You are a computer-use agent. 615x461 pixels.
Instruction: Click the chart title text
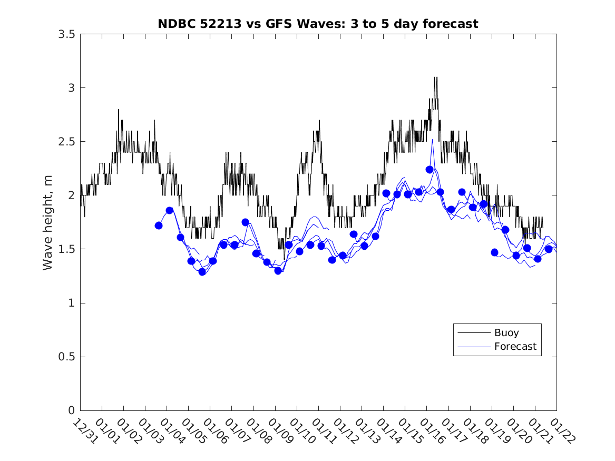(x=318, y=24)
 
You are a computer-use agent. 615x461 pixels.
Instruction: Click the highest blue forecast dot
(x=429, y=169)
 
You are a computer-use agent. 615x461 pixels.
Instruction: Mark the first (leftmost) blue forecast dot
(x=159, y=225)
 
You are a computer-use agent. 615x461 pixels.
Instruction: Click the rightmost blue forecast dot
(x=549, y=249)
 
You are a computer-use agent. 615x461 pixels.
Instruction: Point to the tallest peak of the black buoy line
(x=435, y=77)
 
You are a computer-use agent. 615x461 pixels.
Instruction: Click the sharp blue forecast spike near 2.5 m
(x=433, y=140)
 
